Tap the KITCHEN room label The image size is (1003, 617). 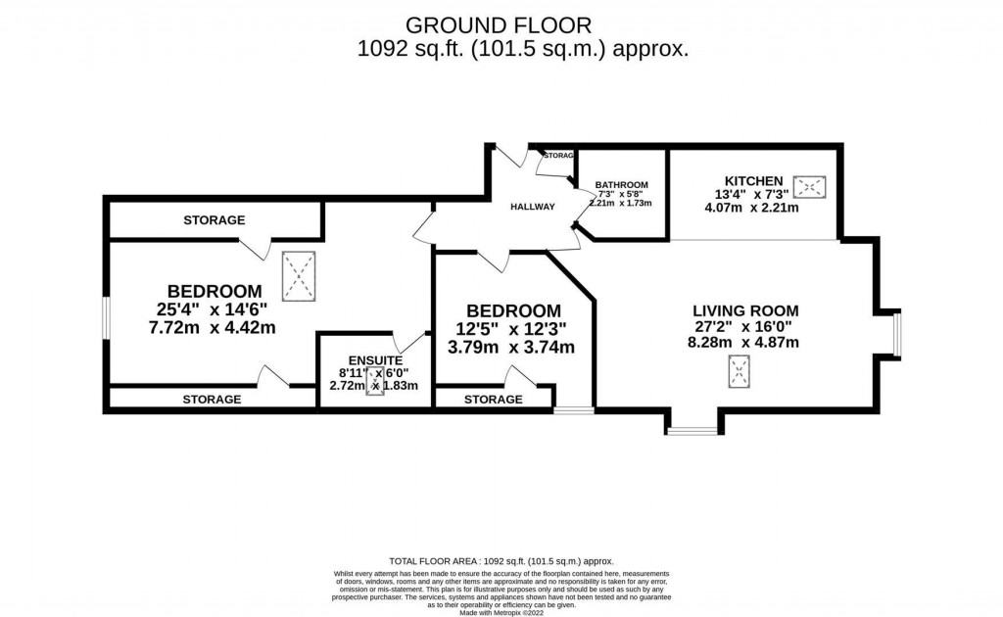[x=753, y=180]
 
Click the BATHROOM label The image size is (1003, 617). [x=621, y=185]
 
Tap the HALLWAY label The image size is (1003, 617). [x=532, y=207]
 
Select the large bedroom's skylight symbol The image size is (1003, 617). [x=300, y=275]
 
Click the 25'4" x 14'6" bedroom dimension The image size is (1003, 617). [x=214, y=309]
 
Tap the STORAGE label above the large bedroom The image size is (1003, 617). [x=214, y=220]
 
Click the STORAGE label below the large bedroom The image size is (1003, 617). [x=212, y=400]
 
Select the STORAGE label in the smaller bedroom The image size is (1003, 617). [x=493, y=400]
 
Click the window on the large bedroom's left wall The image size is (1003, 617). [x=106, y=317]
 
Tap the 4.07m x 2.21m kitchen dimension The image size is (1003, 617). [x=753, y=208]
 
